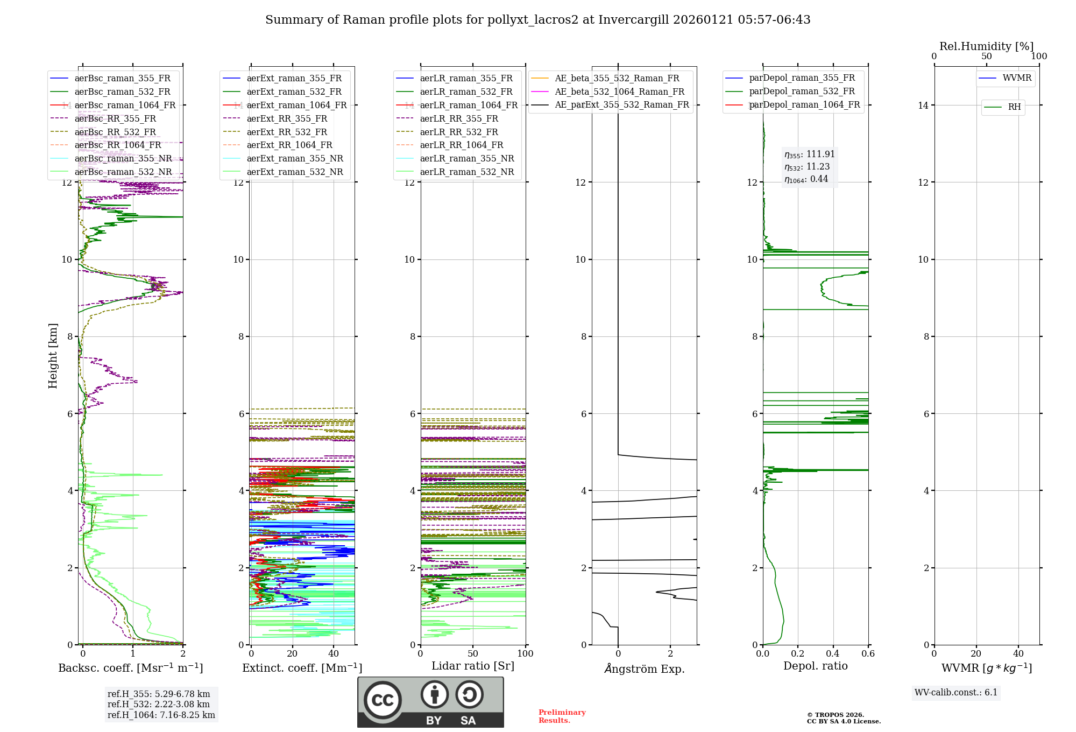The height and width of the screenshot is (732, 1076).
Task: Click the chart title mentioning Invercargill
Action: coord(537,20)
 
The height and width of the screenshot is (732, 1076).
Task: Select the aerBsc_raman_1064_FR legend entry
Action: coord(125,105)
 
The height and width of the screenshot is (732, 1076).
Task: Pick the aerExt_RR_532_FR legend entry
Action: coord(287,132)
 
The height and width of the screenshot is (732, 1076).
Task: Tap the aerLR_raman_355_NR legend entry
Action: coord(467,158)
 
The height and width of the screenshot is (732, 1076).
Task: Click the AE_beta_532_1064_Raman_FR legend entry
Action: coord(619,91)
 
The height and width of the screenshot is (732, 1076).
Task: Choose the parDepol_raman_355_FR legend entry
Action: coord(802,78)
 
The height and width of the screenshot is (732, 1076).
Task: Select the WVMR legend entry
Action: coord(1017,78)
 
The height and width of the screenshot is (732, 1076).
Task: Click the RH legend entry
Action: coord(1014,107)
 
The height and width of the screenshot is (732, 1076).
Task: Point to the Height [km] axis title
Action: coord(53,355)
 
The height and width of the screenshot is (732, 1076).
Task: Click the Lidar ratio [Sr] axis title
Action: coord(473,666)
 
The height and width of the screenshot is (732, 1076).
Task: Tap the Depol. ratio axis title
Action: coord(815,666)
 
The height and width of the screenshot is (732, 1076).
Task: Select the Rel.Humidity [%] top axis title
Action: coord(986,46)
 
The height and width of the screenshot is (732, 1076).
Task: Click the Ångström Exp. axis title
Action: coord(645,668)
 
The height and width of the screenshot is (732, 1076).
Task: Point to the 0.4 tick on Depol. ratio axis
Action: coord(833,653)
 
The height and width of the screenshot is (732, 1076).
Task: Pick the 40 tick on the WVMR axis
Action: coord(1018,653)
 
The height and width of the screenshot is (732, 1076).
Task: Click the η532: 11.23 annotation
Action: coord(807,167)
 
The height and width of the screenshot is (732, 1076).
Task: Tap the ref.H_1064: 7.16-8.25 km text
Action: coord(161,715)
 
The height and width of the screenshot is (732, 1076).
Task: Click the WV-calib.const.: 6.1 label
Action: coord(956,693)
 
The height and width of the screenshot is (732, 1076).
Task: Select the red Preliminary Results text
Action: coord(562,716)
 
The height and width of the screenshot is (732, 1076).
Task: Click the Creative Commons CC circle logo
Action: coord(383,700)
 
